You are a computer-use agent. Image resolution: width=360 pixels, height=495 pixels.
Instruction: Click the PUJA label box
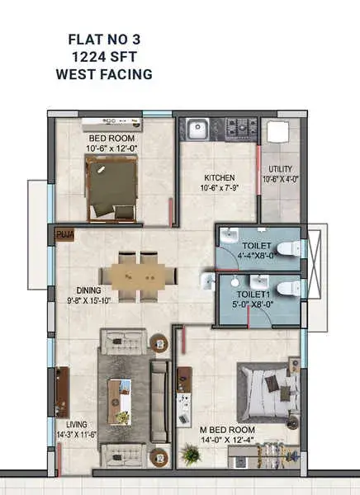coord(64,235)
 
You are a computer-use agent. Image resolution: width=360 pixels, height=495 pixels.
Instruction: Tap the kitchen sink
coord(197,129)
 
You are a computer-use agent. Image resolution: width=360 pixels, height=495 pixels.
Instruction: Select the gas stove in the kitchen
coord(242,128)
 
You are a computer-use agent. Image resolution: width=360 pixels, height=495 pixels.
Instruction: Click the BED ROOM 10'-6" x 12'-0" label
coord(111,143)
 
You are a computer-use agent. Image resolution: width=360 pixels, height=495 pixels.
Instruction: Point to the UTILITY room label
coord(281,169)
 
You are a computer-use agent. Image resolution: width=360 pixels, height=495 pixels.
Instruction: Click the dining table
coord(139,277)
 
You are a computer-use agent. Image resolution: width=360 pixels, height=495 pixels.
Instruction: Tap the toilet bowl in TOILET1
coord(288,288)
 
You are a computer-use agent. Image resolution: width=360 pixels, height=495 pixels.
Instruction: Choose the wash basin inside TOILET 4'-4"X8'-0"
coord(229,236)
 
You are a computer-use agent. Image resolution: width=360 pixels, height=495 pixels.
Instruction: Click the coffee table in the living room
coord(119,402)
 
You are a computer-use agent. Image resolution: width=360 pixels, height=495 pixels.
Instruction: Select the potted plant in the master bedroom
coord(192,455)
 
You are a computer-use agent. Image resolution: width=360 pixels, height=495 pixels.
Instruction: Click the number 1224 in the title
coord(88,57)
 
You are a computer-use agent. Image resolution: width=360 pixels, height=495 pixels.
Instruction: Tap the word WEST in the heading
coord(76,74)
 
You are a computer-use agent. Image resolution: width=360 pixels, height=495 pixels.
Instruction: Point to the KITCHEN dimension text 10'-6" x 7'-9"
coord(219,188)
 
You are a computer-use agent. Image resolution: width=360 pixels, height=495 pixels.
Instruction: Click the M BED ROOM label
coord(227,430)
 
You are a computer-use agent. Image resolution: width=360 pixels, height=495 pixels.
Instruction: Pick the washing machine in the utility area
coord(277,131)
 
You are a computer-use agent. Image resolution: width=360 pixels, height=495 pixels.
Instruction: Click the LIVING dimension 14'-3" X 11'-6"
coord(77,435)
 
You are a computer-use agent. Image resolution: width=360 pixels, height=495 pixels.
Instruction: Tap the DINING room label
coord(89,290)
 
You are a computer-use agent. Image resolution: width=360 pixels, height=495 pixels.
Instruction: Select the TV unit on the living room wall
coord(62,392)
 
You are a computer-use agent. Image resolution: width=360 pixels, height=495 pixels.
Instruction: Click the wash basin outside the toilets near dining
coord(207,281)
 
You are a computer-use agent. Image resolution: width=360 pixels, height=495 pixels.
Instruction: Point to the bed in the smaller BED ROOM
coord(111,188)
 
